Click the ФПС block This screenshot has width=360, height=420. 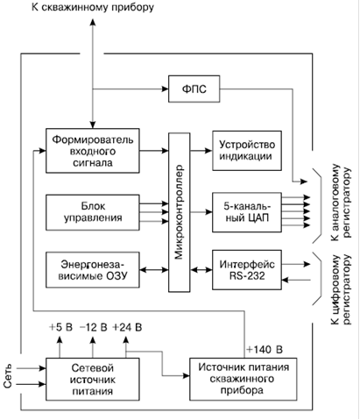pyautogui.click(x=194, y=89)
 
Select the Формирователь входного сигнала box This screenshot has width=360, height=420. pyautogui.click(x=93, y=151)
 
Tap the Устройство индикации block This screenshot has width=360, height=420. pyautogui.click(x=247, y=151)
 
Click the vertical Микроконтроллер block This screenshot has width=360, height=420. pyautogui.click(x=180, y=212)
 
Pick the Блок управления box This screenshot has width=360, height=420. pyautogui.click(x=93, y=212)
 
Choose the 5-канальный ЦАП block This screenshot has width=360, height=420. pyautogui.click(x=247, y=212)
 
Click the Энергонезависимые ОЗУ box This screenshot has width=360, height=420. pyautogui.click(x=93, y=270)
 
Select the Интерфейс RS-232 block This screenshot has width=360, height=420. pyautogui.click(x=247, y=270)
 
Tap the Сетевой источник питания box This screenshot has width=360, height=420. pyautogui.click(x=93, y=380)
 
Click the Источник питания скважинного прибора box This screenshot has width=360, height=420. pyautogui.click(x=244, y=380)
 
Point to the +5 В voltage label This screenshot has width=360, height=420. pyautogui.click(x=60, y=327)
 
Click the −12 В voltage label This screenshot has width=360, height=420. pyautogui.click(x=94, y=327)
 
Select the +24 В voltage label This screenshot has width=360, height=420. pyautogui.click(x=127, y=327)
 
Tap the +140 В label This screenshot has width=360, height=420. pyautogui.click(x=265, y=350)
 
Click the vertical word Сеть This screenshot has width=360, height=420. pyautogui.click(x=8, y=376)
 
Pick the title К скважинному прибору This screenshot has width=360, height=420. pyautogui.click(x=93, y=7)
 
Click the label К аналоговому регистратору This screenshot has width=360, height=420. pyautogui.click(x=341, y=203)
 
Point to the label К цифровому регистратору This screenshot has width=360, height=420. pyautogui.click(x=341, y=289)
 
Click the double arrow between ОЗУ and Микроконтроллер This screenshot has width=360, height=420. pyautogui.click(x=154, y=270)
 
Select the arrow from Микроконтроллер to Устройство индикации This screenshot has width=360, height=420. pyautogui.click(x=201, y=151)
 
